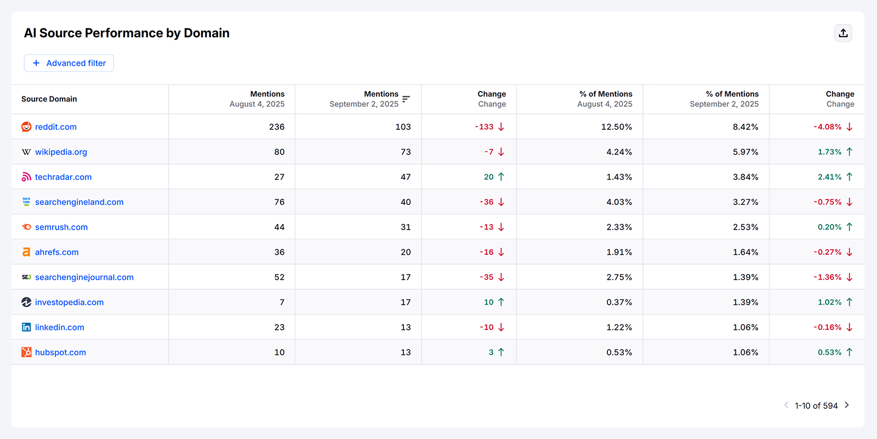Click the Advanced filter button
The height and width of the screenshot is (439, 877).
pyautogui.click(x=69, y=63)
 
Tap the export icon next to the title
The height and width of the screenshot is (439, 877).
pyautogui.click(x=843, y=33)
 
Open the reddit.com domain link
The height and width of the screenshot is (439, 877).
pyautogui.click(x=55, y=127)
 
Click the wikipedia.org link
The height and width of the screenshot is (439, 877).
pyautogui.click(x=61, y=152)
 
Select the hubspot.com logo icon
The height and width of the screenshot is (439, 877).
pyautogui.click(x=26, y=352)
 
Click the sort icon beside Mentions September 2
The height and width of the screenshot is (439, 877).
pyautogui.click(x=406, y=99)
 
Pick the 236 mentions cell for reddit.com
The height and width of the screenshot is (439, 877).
pyautogui.click(x=276, y=127)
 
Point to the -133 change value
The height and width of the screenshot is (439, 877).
pyautogui.click(x=484, y=127)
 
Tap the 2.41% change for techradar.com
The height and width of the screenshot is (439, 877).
pyautogui.click(x=829, y=177)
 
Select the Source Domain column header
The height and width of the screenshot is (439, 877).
pyautogui.click(x=49, y=99)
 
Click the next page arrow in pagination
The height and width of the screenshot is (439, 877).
pyautogui.click(x=847, y=405)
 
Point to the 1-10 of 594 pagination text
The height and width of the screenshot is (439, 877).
pyautogui.click(x=816, y=406)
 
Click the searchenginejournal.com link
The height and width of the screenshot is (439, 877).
pyautogui.click(x=84, y=277)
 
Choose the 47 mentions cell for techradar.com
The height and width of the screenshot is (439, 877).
pyautogui.click(x=406, y=177)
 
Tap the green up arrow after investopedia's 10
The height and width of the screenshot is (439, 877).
pyautogui.click(x=501, y=302)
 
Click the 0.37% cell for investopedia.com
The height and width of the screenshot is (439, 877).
pyautogui.click(x=619, y=302)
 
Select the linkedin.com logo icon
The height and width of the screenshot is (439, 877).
pyautogui.click(x=26, y=327)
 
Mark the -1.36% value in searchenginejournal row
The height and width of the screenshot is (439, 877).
pyautogui.click(x=827, y=277)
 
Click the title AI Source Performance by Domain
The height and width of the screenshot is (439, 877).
pyautogui.click(x=127, y=33)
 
